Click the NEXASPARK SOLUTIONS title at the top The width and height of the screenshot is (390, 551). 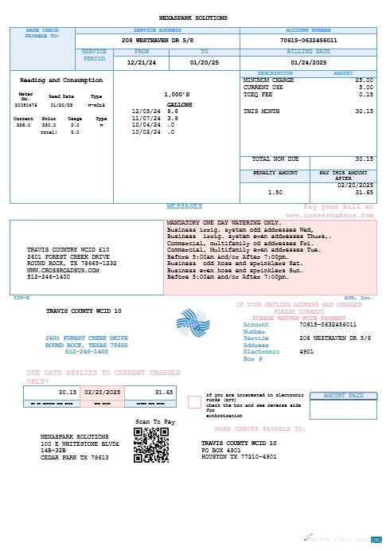coord(193,18)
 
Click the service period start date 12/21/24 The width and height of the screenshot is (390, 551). coord(142,61)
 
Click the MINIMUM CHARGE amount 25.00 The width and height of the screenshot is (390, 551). coord(364,80)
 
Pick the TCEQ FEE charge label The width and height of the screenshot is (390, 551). coord(256,94)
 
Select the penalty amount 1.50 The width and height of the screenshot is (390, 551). coord(275,192)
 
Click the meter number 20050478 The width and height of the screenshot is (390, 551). coord(26,104)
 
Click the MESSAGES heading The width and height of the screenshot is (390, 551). coord(184,206)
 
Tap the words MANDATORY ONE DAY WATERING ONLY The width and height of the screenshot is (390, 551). coord(222,222)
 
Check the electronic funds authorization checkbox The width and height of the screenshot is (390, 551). coord(194,402)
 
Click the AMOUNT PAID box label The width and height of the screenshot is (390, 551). coord(344,395)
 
